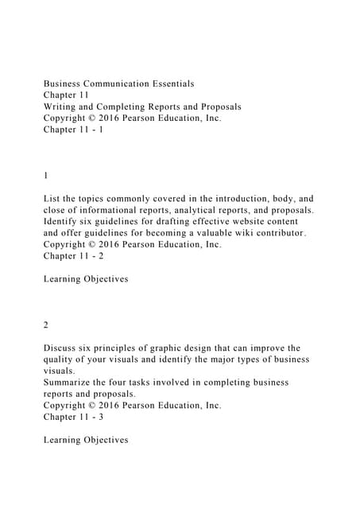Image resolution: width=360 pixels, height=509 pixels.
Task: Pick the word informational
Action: (x=102, y=210)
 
